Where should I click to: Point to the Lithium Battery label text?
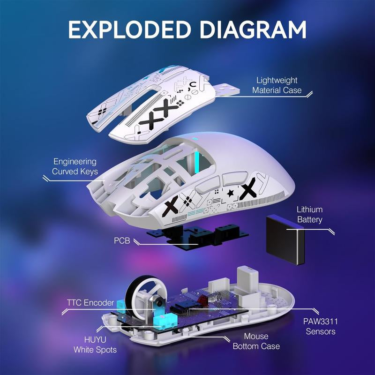pos(309,215)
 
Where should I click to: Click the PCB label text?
pos(121,240)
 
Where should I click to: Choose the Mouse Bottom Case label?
pos(256,341)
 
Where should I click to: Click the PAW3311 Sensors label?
pos(321,327)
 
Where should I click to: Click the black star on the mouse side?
pos(230,192)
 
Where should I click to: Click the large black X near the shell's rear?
pos(249,189)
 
